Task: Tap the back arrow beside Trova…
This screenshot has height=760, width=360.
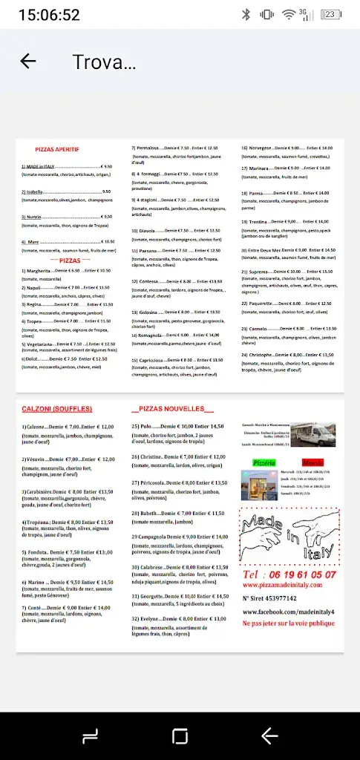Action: [x=28, y=62]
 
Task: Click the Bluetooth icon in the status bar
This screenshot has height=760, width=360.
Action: [x=246, y=14]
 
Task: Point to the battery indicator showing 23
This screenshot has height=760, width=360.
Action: [x=332, y=14]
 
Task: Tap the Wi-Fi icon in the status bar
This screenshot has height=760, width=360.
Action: [x=288, y=14]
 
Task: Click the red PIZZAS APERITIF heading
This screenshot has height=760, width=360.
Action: [x=57, y=149]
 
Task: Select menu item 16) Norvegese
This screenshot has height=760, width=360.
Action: [x=258, y=148]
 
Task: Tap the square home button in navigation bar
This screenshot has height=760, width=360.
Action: [x=180, y=736]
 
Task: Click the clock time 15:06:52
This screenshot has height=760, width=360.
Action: [x=49, y=14]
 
